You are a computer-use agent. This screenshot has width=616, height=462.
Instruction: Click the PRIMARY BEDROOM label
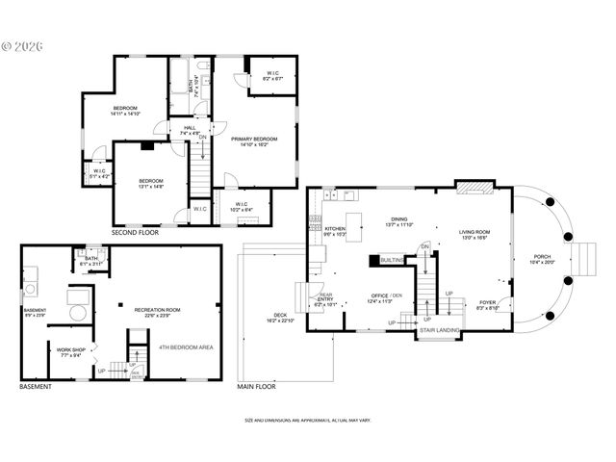click(254, 139)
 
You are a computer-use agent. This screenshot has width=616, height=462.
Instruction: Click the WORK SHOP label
click(70, 349)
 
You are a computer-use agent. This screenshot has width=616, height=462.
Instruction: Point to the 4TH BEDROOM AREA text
click(186, 346)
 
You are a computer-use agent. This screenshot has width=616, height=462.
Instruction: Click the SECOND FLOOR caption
click(135, 233)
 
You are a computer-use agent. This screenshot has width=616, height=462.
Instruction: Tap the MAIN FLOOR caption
click(257, 387)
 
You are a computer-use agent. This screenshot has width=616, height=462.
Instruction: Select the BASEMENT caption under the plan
click(36, 387)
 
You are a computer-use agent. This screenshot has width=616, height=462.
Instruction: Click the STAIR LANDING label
click(439, 330)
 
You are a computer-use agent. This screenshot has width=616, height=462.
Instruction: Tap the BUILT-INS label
click(392, 260)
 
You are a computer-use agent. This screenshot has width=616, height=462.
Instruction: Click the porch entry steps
click(583, 258)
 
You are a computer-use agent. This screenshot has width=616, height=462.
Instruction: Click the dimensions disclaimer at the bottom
click(308, 421)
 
